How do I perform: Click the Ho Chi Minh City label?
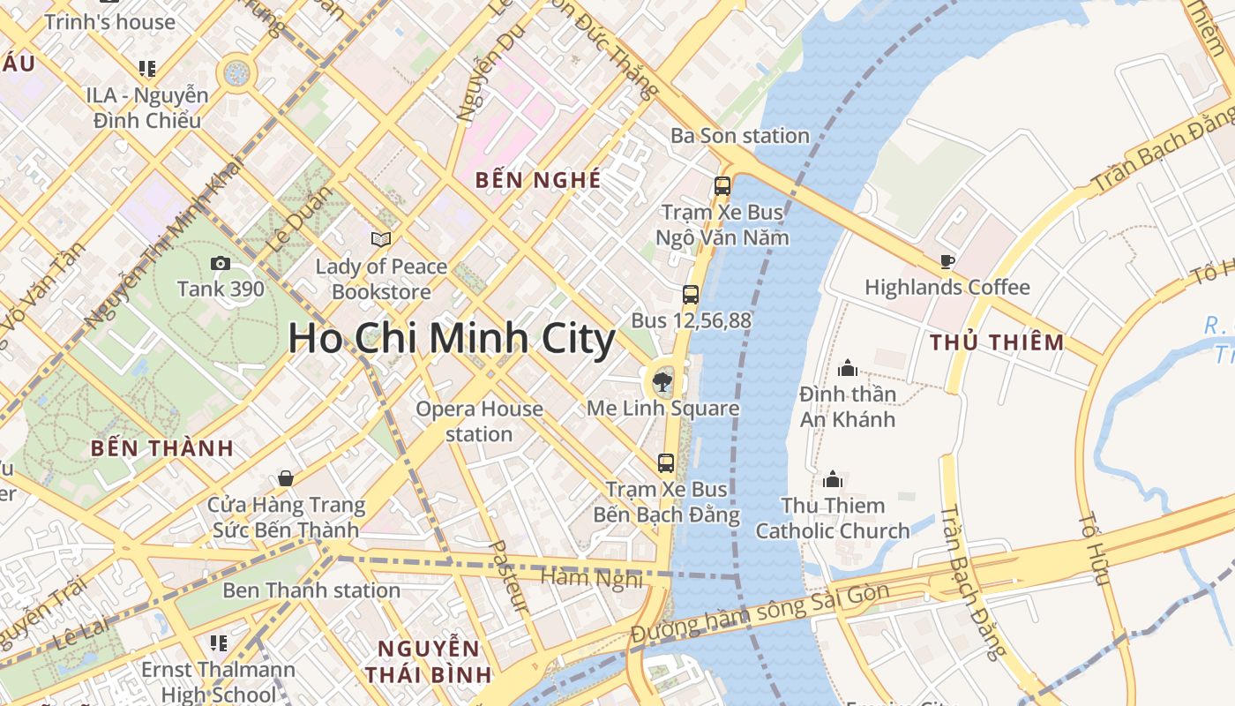[451, 340]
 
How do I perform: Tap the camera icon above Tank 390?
[221, 263]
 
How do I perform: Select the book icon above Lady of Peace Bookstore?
[381, 239]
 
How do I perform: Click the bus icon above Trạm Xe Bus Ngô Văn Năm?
[722, 186]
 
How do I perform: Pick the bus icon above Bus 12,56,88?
[691, 295]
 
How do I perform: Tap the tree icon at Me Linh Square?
[662, 382]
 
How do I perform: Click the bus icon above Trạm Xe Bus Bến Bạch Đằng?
[666, 463]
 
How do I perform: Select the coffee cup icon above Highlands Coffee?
[947, 261]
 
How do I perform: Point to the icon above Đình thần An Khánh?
[848, 368]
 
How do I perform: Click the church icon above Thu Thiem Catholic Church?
[833, 480]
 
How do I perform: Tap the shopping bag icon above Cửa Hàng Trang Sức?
[285, 478]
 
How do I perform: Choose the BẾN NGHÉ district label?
[538, 180]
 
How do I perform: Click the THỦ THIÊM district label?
[998, 342]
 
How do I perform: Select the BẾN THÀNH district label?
[162, 448]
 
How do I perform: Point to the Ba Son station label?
[739, 136]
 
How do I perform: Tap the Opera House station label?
[479, 421]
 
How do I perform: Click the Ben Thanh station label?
[311, 590]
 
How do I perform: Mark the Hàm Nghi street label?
[592, 578]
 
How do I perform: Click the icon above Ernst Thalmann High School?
[218, 643]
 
